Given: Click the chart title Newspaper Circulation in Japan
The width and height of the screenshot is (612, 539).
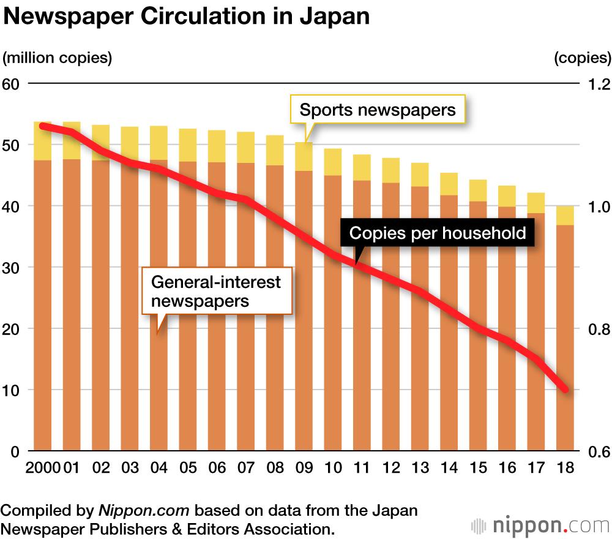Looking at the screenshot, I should point(187,17).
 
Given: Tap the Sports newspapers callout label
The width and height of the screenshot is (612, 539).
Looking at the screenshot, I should point(378,110).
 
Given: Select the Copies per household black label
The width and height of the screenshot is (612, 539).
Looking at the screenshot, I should point(437,233).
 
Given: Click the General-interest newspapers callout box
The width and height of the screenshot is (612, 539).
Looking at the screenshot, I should point(216,291).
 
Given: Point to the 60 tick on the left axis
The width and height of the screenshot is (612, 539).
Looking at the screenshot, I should point(12,83).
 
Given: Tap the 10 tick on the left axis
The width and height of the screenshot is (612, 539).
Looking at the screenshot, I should point(12,390).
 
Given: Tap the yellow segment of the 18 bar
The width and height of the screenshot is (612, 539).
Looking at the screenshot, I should point(565,216).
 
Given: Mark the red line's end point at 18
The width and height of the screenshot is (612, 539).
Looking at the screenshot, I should point(565,390).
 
